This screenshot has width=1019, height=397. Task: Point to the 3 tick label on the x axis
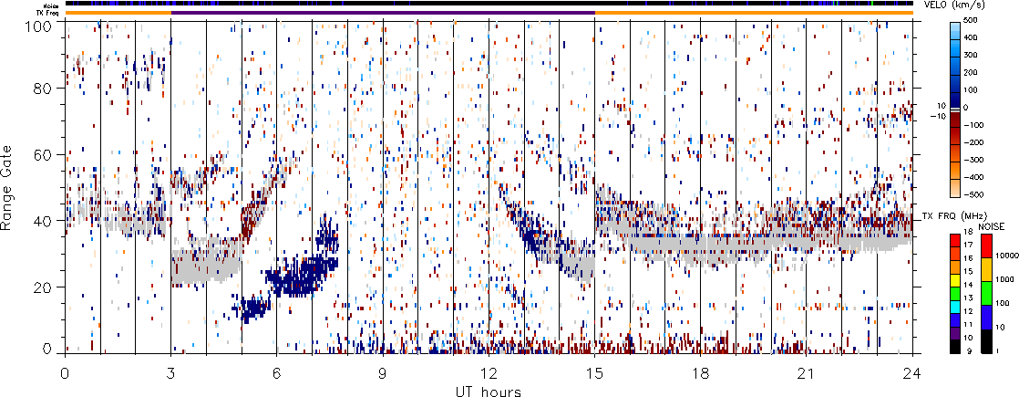(x=170, y=373)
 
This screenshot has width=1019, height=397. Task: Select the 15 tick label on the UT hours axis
(x=594, y=373)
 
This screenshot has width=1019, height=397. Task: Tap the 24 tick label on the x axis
(x=912, y=373)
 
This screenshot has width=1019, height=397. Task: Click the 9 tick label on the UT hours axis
(x=383, y=373)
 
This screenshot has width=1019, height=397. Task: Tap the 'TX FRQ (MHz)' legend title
(x=949, y=216)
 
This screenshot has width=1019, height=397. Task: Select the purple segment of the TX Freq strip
(x=383, y=12)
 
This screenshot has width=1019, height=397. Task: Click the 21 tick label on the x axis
(x=806, y=373)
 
